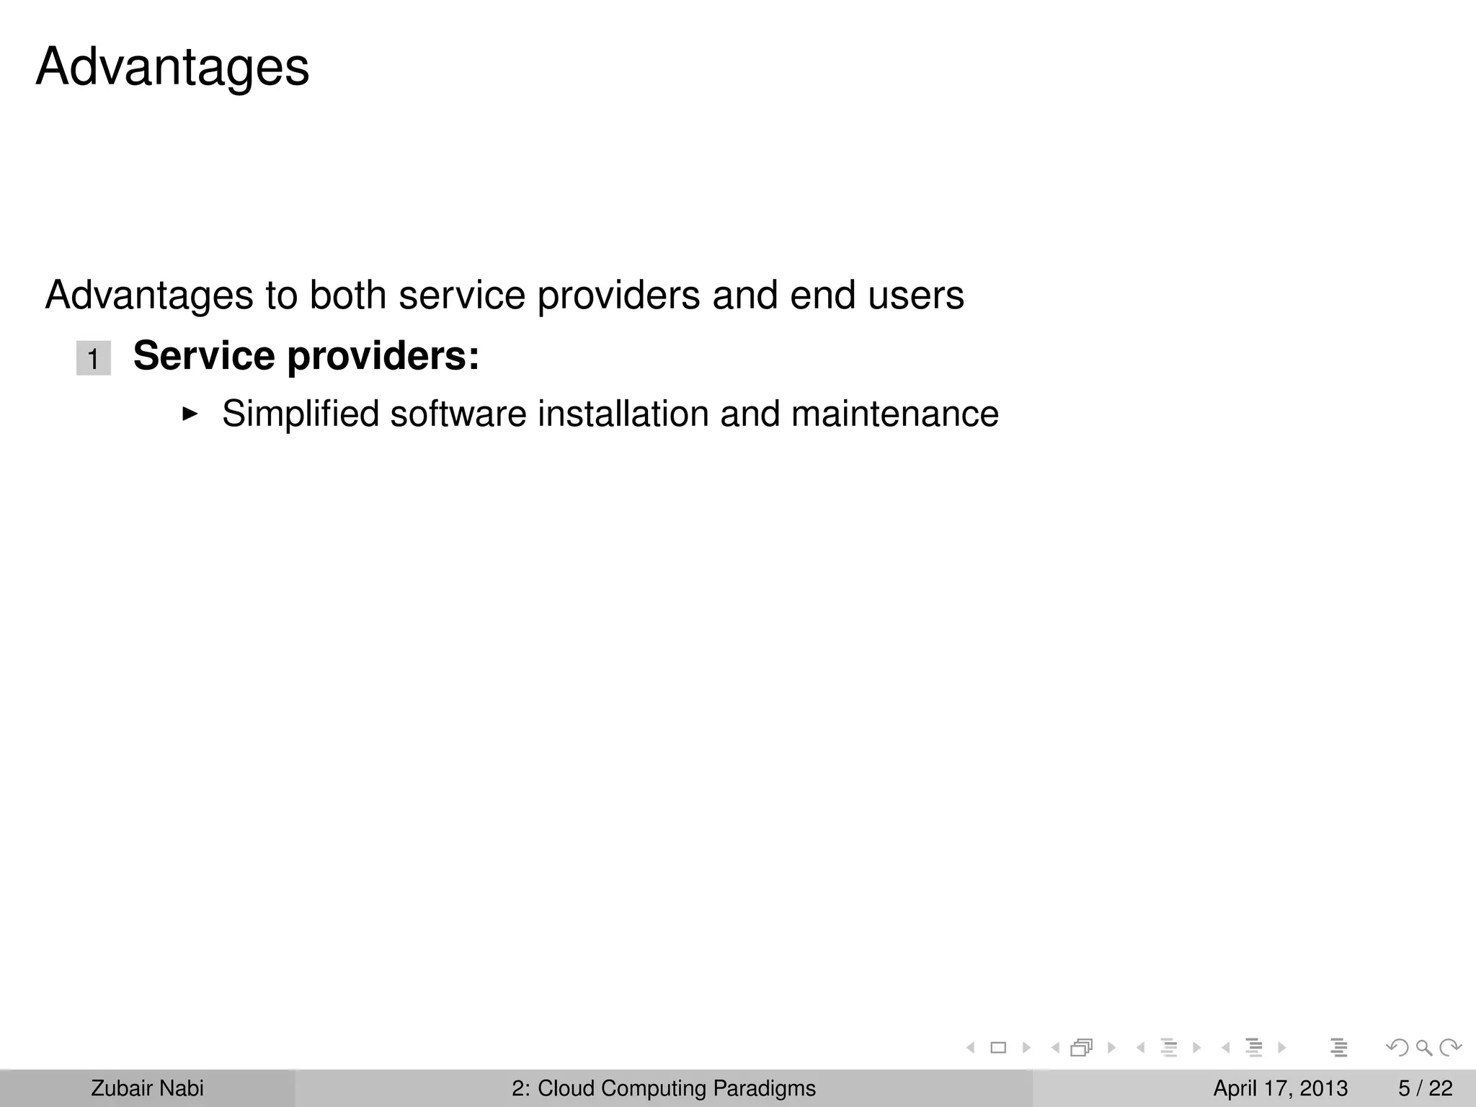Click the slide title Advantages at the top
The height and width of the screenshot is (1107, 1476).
(172, 67)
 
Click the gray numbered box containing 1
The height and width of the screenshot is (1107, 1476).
(94, 358)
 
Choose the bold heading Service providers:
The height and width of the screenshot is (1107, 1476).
(306, 356)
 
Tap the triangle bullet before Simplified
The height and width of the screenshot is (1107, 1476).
(190, 414)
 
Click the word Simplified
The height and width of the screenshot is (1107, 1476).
(300, 414)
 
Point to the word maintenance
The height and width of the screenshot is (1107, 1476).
(894, 414)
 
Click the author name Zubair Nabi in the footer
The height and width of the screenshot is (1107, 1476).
(147, 1088)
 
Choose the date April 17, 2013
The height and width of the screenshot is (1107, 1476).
(1280, 1088)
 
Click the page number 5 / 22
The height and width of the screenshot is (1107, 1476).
(1426, 1088)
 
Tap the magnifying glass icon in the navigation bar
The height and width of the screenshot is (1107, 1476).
(1423, 1048)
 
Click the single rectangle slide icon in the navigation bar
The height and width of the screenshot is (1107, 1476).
(998, 1048)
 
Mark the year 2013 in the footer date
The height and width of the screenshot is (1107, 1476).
(1323, 1088)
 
